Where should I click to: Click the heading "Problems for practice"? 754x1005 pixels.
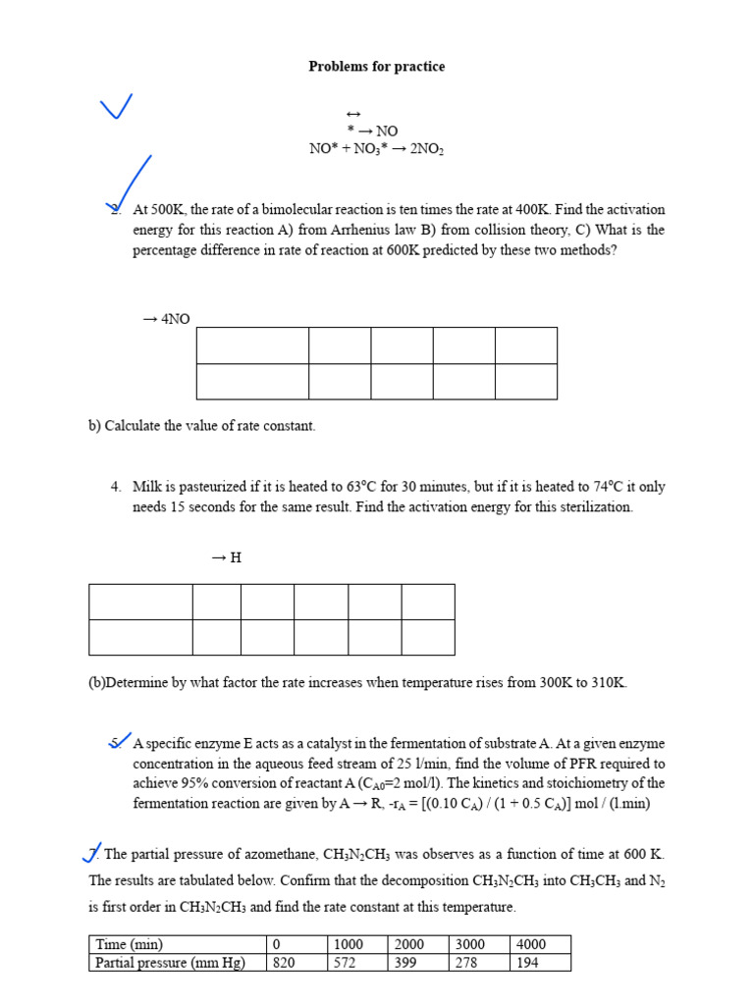[x=376, y=67]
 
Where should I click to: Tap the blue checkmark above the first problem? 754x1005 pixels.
[x=116, y=107]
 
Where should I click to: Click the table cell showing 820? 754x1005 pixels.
[x=284, y=963]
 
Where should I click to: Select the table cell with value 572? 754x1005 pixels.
[x=349, y=963]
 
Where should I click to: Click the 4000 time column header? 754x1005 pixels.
[x=530, y=944]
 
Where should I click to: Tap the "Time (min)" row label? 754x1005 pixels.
[x=129, y=944]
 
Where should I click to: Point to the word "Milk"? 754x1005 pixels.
[x=147, y=487]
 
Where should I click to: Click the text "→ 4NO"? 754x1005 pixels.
[x=166, y=319]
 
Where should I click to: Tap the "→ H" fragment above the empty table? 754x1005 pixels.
[x=226, y=557]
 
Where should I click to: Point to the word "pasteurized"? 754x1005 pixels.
[x=208, y=487]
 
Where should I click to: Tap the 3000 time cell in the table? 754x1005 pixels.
[x=470, y=944]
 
